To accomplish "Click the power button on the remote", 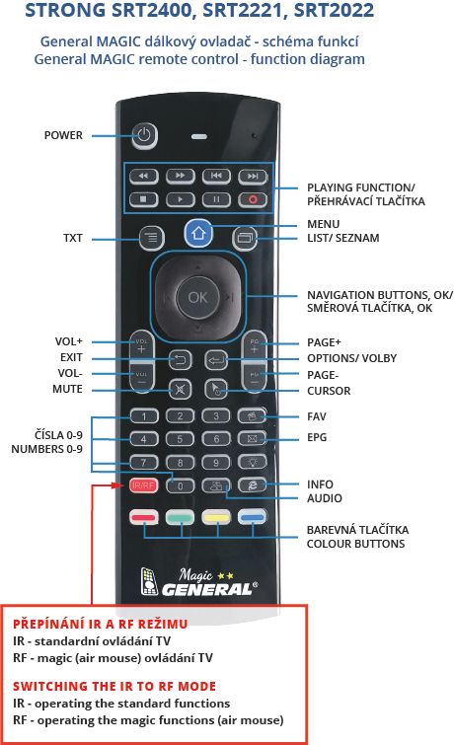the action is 144,135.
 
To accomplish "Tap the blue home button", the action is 198,233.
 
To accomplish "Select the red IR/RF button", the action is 143,485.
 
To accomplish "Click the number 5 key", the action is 180,439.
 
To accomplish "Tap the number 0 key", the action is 180,485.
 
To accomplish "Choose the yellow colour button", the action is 216,517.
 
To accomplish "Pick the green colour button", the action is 180,517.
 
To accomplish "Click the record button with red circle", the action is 253,199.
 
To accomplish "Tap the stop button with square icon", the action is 143,199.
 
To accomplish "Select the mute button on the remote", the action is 180,390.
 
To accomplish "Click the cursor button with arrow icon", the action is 216,390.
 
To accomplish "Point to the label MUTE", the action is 67,389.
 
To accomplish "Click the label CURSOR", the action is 329,391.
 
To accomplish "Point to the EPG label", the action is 317,437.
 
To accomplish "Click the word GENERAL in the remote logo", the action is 207,590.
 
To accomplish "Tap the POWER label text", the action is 63,135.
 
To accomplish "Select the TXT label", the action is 73,238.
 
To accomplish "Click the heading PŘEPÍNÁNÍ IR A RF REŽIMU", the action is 101,624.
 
